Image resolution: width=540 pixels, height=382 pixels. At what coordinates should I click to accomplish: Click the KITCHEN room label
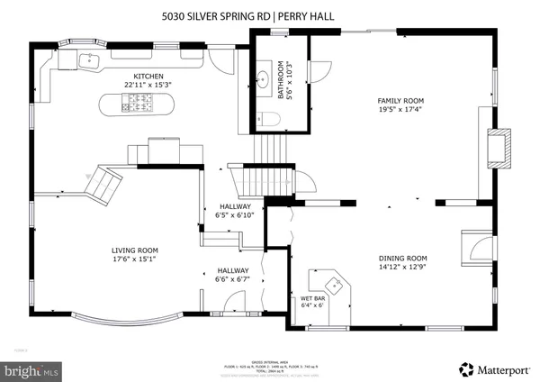pyautogui.click(x=148, y=76)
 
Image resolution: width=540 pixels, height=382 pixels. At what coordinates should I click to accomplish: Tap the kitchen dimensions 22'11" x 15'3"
pyautogui.click(x=148, y=85)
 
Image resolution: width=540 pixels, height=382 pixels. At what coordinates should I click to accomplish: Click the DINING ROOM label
pyautogui.click(x=401, y=258)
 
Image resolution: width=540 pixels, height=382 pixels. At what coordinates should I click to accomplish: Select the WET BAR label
pyautogui.click(x=311, y=299)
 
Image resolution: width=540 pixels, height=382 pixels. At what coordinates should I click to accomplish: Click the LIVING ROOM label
pyautogui.click(x=135, y=250)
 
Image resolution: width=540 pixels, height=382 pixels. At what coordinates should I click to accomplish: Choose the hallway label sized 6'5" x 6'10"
pyautogui.click(x=235, y=211)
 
